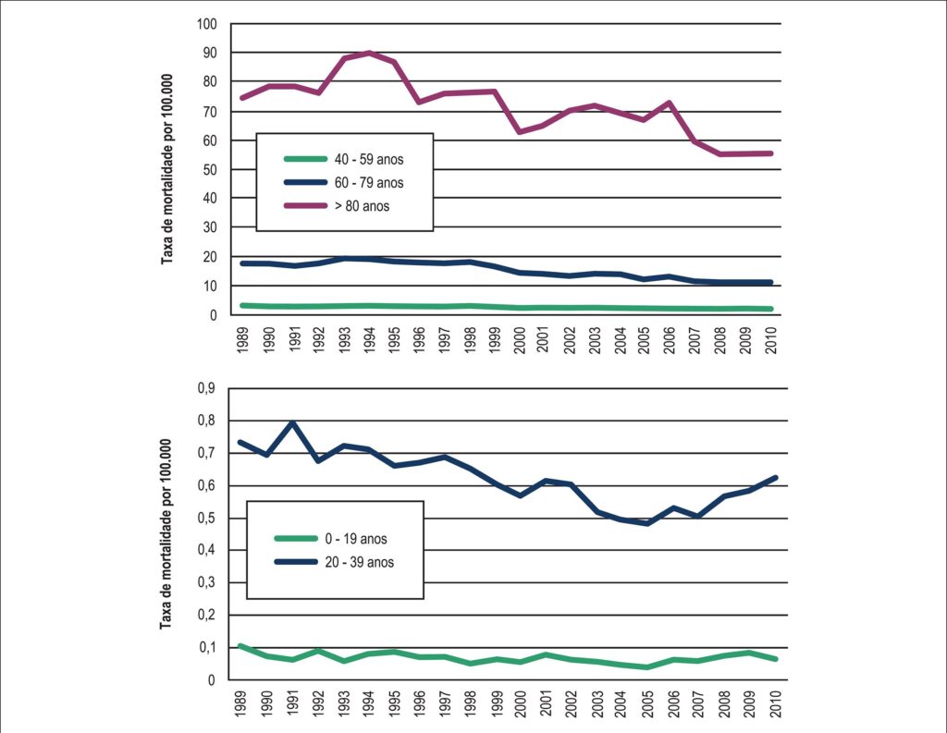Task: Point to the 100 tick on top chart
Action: (x=206, y=24)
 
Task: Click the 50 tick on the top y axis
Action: (x=210, y=170)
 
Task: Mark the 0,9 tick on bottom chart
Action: (x=206, y=388)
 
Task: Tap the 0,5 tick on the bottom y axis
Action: (x=206, y=518)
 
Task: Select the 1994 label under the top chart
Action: (x=369, y=340)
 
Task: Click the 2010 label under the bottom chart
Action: (x=776, y=704)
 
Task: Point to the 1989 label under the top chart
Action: (x=243, y=340)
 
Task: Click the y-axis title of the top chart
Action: (x=166, y=169)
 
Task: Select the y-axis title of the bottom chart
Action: (x=166, y=533)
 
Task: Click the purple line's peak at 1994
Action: (x=369, y=53)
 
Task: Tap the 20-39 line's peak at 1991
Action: (x=293, y=422)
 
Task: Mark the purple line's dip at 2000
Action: (x=520, y=131)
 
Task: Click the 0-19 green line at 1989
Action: (x=241, y=646)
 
